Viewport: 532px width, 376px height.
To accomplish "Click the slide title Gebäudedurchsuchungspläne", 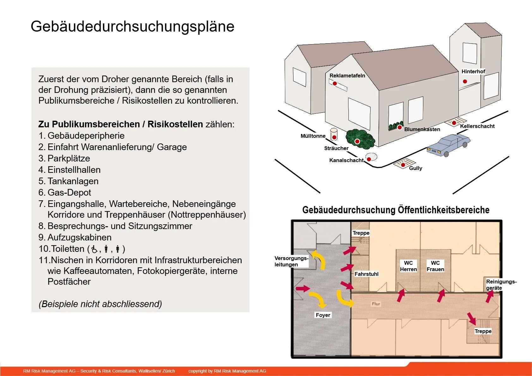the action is [132, 27].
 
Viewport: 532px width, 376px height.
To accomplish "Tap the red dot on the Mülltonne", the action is [335, 137].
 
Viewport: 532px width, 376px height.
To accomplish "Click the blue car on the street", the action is [448, 145].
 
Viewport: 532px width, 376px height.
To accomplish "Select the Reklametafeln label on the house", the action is [347, 76].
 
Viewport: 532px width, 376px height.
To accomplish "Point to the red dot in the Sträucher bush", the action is [357, 142].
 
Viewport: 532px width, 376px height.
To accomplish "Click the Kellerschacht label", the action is [477, 126].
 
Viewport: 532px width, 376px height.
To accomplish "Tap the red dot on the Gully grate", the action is [403, 165].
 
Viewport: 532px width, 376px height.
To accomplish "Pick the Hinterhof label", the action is [473, 71].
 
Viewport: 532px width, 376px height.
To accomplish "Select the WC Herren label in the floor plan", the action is [408, 266].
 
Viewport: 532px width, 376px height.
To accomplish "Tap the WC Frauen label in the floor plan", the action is [435, 266].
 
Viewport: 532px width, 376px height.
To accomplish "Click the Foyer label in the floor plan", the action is [323, 315].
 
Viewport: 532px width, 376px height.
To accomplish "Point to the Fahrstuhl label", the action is [366, 274].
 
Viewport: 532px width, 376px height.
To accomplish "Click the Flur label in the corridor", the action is [376, 304].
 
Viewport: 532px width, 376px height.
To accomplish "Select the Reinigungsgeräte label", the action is [501, 285].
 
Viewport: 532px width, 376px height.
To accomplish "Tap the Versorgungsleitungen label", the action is [291, 261].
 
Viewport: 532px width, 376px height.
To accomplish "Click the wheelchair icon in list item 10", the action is [94, 249].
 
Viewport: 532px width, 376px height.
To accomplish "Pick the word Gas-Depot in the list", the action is [70, 192].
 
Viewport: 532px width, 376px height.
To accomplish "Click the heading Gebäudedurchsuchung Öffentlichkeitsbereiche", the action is [396, 210].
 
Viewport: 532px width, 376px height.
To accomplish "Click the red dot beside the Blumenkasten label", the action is [400, 128].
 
